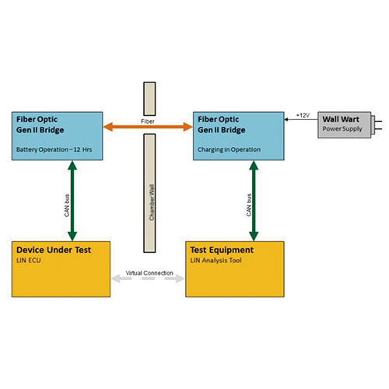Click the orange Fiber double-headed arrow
tap(148, 127)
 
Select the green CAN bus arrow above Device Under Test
tap(72, 201)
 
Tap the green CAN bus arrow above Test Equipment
tap(254, 201)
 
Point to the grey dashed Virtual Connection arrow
tap(148, 279)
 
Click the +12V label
tap(303, 115)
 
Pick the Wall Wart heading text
tap(341, 119)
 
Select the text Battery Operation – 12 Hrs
tap(54, 149)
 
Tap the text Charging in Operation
tap(229, 149)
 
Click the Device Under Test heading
tap(54, 250)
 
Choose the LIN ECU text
tap(29, 261)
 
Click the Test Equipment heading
tap(222, 250)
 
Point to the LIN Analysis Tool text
tap(216, 261)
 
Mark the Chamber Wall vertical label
tap(152, 202)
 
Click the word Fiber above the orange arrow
tap(148, 121)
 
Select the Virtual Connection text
tap(149, 273)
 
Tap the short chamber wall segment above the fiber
tap(149, 99)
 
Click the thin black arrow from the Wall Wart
tap(301, 120)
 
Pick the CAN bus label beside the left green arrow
tap(67, 205)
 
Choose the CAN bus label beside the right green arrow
tap(249, 205)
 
